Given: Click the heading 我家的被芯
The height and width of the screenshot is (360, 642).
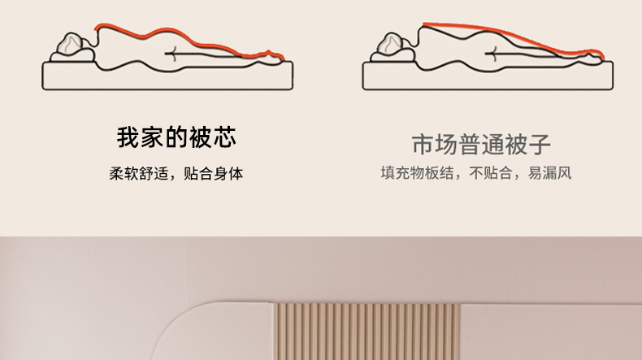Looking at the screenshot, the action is pyautogui.click(x=176, y=137).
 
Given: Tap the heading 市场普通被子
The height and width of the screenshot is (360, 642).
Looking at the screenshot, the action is pyautogui.click(x=481, y=144).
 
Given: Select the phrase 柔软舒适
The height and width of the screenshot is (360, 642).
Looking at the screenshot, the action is pyautogui.click(x=138, y=174).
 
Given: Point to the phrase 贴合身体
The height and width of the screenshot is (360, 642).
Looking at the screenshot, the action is pyautogui.click(x=213, y=174).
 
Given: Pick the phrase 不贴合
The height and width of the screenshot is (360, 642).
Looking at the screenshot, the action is pyautogui.click(x=491, y=173).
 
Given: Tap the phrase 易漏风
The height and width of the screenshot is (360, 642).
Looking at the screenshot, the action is pyautogui.click(x=549, y=173).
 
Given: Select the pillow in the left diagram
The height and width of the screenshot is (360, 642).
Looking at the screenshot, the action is pyautogui.click(x=72, y=56).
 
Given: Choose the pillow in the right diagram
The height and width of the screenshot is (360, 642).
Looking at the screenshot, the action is pyautogui.click(x=393, y=56).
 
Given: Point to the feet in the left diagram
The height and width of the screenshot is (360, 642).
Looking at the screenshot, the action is pyautogui.click(x=271, y=59).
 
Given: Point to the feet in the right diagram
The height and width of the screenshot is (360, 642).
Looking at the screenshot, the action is pyautogui.click(x=592, y=59).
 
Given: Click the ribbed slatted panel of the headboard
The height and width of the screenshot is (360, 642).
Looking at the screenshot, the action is pyautogui.click(x=367, y=332).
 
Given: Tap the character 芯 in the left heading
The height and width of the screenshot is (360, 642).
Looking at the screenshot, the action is pyautogui.click(x=224, y=137).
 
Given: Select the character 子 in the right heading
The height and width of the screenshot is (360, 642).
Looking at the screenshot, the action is pyautogui.click(x=540, y=144).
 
